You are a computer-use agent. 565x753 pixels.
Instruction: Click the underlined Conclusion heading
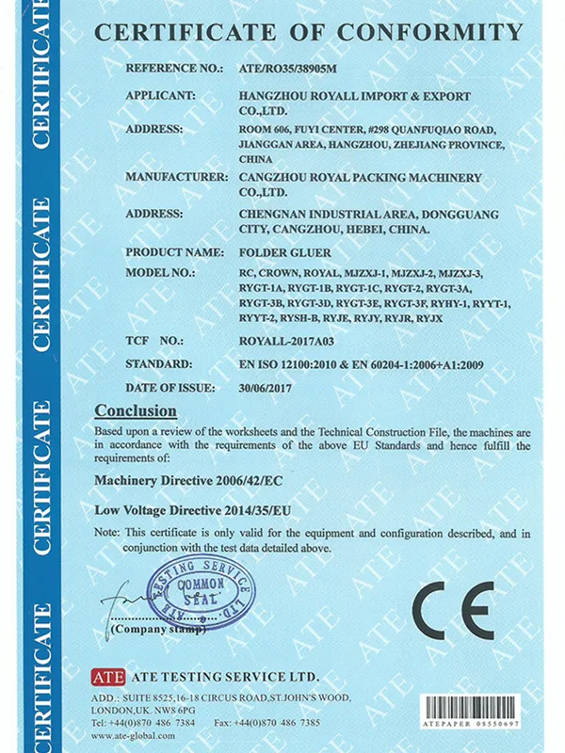[136, 410]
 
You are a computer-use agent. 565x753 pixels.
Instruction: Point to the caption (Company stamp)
[156, 629]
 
